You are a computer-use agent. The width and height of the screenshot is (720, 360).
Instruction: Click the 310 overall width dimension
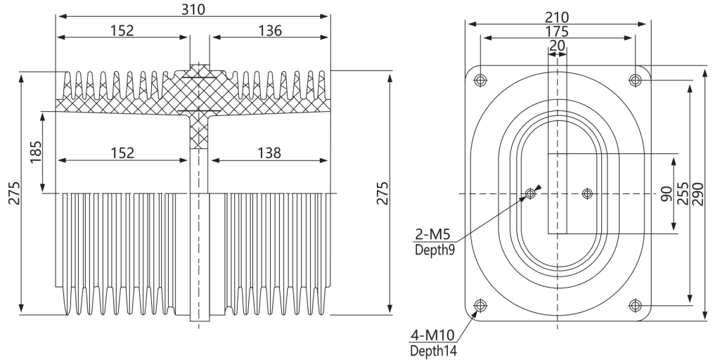(x=193, y=9)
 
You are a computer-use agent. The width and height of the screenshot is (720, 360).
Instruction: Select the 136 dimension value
(x=269, y=30)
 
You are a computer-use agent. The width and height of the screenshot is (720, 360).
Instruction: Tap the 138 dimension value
(x=269, y=153)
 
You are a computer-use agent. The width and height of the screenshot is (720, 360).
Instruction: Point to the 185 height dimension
(x=36, y=152)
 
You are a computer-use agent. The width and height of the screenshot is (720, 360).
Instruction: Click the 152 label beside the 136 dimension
(x=122, y=30)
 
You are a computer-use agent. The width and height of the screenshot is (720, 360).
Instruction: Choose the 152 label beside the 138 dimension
(x=122, y=153)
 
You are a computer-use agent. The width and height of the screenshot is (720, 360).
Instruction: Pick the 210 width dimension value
(x=557, y=18)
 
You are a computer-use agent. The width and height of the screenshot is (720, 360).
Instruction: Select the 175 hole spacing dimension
(x=557, y=32)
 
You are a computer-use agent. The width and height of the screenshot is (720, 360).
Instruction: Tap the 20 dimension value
(x=558, y=46)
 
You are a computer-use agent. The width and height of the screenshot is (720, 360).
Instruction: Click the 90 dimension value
(x=667, y=194)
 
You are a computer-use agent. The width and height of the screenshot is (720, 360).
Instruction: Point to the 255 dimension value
(x=683, y=193)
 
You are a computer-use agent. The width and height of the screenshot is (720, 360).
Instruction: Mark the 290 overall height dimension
(x=698, y=194)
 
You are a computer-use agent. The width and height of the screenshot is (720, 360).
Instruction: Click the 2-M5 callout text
(x=432, y=234)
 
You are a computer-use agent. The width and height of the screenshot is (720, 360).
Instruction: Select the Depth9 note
(x=435, y=250)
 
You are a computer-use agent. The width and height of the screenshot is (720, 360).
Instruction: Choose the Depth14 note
(x=433, y=351)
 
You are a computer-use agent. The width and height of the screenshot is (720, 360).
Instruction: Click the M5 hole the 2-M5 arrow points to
(x=530, y=193)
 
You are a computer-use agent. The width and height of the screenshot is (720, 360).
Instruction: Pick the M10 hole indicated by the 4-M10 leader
(x=480, y=305)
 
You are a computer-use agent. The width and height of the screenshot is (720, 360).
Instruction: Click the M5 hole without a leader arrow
(x=587, y=193)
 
